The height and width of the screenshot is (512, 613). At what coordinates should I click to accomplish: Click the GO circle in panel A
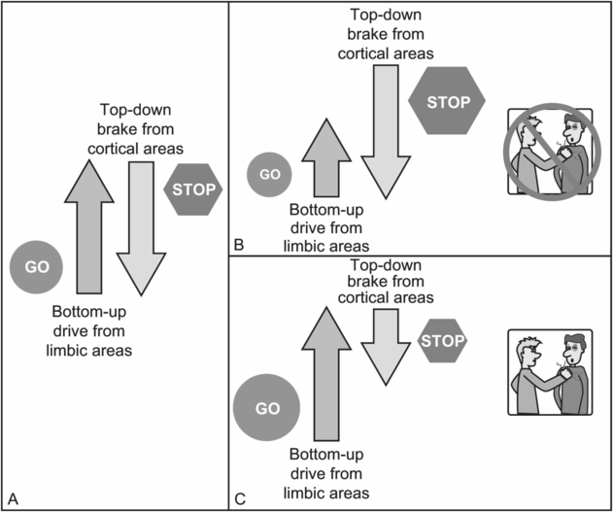point(37,265)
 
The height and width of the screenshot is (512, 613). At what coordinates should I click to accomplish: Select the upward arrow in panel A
point(90,228)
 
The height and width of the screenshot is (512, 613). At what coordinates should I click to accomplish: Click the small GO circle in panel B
point(271,175)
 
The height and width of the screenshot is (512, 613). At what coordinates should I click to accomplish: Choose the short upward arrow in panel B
point(321,161)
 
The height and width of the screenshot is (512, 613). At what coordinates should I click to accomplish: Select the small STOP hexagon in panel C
point(441,340)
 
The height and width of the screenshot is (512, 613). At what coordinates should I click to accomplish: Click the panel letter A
point(12,499)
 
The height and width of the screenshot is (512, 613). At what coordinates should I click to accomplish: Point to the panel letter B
point(239,245)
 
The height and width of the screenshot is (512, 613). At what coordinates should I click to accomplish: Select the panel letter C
point(240,499)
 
